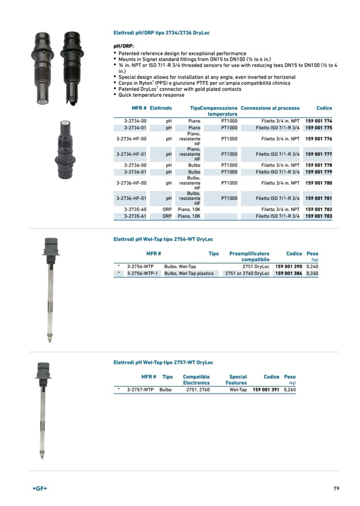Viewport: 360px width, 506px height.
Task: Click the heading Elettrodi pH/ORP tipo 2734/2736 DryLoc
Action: coord(162,33)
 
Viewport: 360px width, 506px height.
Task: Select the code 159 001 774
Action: coord(318,121)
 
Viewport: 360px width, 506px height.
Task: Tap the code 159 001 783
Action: coord(318,216)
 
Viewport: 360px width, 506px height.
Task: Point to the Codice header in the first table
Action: coord(324,108)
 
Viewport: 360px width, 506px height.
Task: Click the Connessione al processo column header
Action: coord(270,108)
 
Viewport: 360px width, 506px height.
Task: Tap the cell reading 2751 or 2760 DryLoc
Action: coord(247,273)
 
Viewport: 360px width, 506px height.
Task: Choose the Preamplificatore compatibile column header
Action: coord(250,257)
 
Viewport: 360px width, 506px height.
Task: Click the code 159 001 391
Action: coord(266,389)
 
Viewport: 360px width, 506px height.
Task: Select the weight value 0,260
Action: coord(290,389)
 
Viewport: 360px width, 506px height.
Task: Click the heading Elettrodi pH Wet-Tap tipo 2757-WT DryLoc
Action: coord(163,362)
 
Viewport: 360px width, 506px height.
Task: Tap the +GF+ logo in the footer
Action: coord(40,488)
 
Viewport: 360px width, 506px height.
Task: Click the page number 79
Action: coord(336,488)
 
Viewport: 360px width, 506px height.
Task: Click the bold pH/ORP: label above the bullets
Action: coord(124,46)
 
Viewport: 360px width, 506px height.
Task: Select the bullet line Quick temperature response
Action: coord(151,95)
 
